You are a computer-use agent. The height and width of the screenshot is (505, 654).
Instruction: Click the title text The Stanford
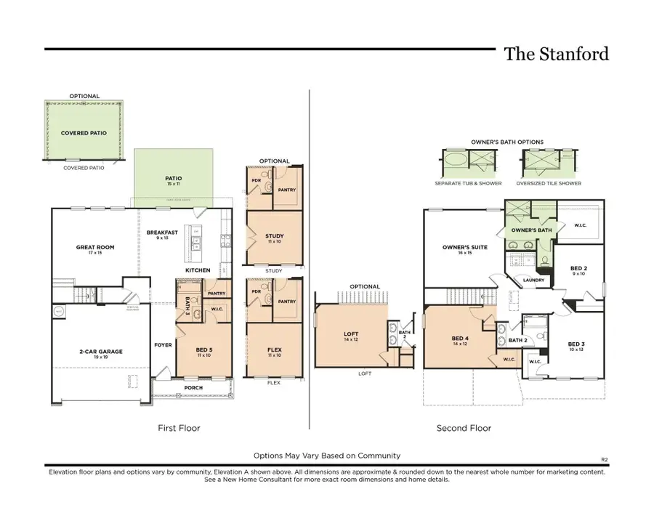click(x=556, y=54)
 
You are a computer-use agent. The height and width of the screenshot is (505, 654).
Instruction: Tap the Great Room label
click(x=95, y=247)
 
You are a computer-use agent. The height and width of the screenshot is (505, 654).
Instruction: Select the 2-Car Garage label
click(x=100, y=352)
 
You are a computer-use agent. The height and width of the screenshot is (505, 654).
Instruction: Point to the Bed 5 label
click(x=204, y=350)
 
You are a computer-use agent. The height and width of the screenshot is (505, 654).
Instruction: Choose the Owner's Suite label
click(x=464, y=247)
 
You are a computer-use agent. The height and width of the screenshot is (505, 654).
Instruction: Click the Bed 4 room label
click(x=460, y=338)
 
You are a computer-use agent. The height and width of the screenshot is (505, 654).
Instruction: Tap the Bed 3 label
click(x=576, y=344)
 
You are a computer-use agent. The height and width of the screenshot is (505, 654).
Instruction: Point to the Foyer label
click(x=163, y=344)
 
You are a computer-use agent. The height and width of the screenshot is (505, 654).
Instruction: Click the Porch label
click(x=193, y=387)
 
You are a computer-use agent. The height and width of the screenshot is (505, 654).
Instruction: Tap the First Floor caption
click(x=179, y=428)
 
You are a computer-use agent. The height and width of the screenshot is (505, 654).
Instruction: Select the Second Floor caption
click(x=464, y=428)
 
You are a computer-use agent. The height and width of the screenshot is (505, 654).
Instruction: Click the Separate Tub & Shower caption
click(x=468, y=183)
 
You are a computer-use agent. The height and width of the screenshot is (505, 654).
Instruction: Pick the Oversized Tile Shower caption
click(x=549, y=183)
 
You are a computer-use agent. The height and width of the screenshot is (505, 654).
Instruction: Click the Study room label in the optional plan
click(x=275, y=236)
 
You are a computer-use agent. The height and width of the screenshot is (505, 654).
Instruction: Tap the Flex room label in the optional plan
click(x=275, y=350)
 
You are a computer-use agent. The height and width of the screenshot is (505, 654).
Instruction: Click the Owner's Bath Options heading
click(x=508, y=142)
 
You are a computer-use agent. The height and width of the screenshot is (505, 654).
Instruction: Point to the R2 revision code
click(x=604, y=459)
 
